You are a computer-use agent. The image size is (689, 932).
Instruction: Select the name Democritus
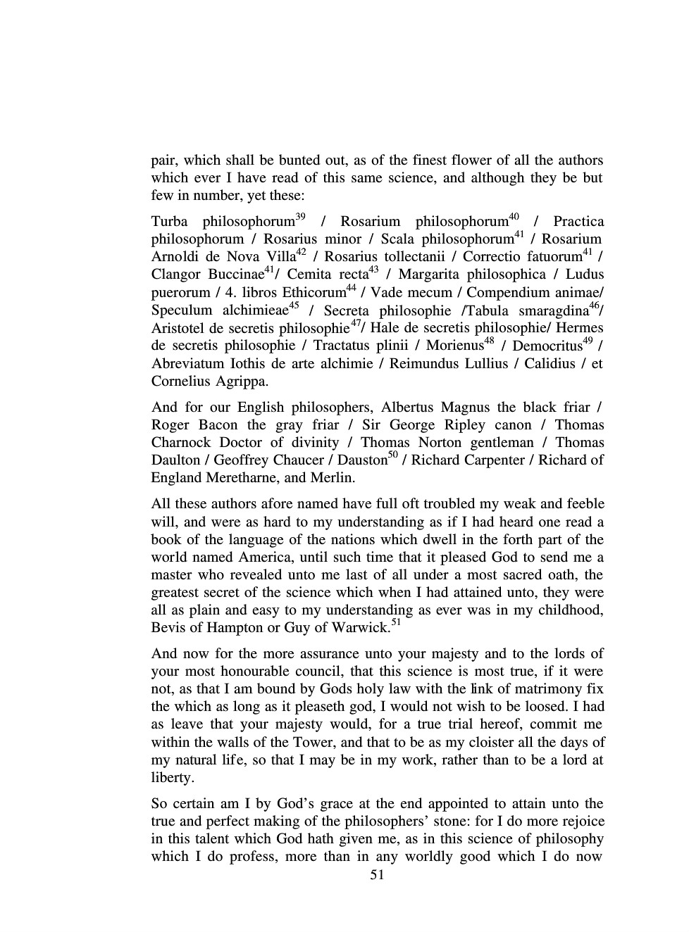click(x=547, y=346)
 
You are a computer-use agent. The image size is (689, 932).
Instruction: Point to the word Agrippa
click(x=244, y=382)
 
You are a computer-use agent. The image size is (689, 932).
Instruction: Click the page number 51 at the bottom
click(x=377, y=875)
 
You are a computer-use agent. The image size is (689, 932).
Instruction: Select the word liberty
click(x=172, y=778)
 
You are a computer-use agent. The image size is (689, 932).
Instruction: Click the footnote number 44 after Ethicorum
click(x=351, y=288)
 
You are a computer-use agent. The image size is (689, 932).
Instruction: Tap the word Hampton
click(x=247, y=628)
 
